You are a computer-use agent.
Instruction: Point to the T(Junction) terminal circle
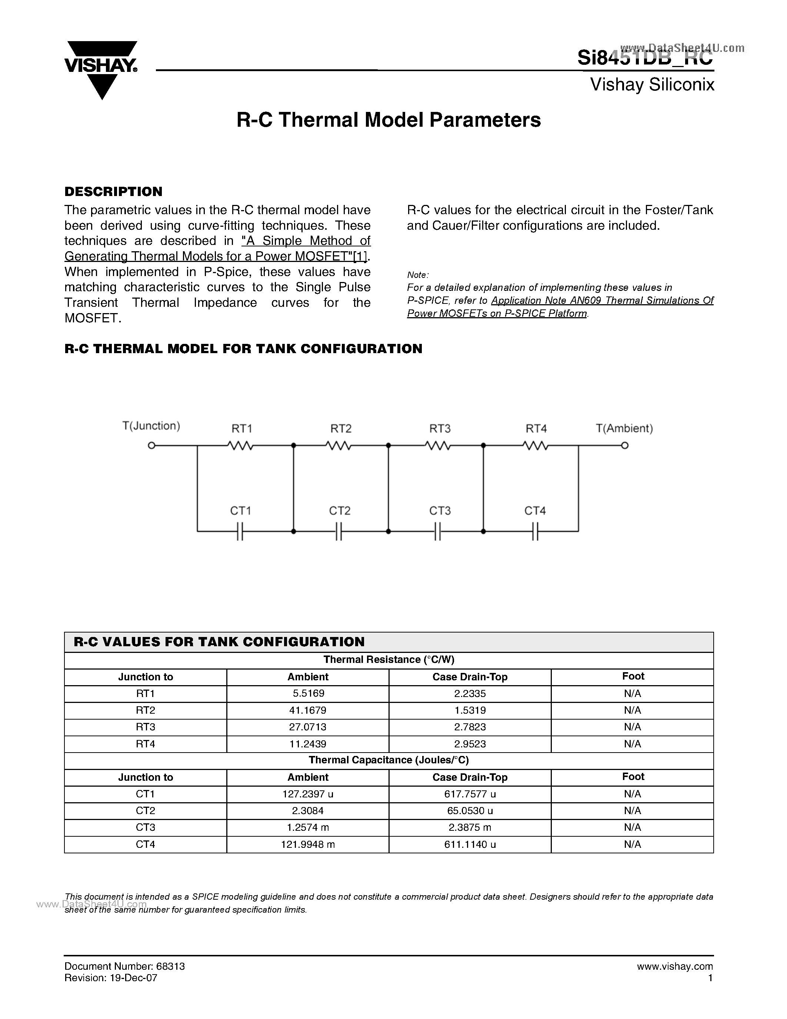(151, 445)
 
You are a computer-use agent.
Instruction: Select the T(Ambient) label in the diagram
(624, 428)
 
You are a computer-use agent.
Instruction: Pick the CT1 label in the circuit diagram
(241, 511)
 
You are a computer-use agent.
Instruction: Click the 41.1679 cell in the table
(308, 710)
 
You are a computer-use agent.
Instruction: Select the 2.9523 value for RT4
(470, 744)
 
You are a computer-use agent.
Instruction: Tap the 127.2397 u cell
(308, 794)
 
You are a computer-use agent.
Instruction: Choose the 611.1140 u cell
(470, 844)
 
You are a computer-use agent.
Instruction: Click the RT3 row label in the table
(146, 727)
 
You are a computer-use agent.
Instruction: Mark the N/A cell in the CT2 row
(632, 810)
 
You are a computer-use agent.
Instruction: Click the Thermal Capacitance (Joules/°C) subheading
(389, 760)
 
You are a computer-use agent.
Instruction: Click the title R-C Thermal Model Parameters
(389, 120)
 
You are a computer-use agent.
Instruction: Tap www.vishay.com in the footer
(675, 966)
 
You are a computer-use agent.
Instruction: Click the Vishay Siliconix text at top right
(652, 85)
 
